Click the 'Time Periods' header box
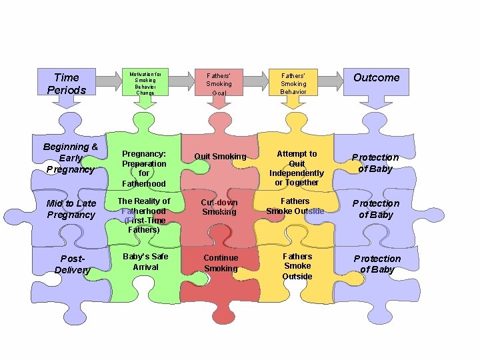pos(66,83)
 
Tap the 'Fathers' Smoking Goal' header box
pos(219,83)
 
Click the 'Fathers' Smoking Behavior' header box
pos(293,83)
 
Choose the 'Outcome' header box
pos(376,78)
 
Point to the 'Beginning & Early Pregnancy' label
pos(70,158)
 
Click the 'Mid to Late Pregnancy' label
pos(71,209)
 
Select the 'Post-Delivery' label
pos(71,263)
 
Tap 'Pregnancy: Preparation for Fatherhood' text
pos(144,168)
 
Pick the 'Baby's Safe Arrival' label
pos(145,261)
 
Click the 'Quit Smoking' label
pos(220,157)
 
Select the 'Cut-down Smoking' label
pos(219,206)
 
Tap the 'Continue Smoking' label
pos(220,263)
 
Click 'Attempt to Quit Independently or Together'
pos(297,168)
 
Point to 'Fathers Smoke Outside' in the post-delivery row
pos(297,266)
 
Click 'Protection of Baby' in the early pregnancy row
pos(375,163)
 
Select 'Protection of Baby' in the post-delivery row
pos(377,263)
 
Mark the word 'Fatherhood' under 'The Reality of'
pos(143,211)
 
